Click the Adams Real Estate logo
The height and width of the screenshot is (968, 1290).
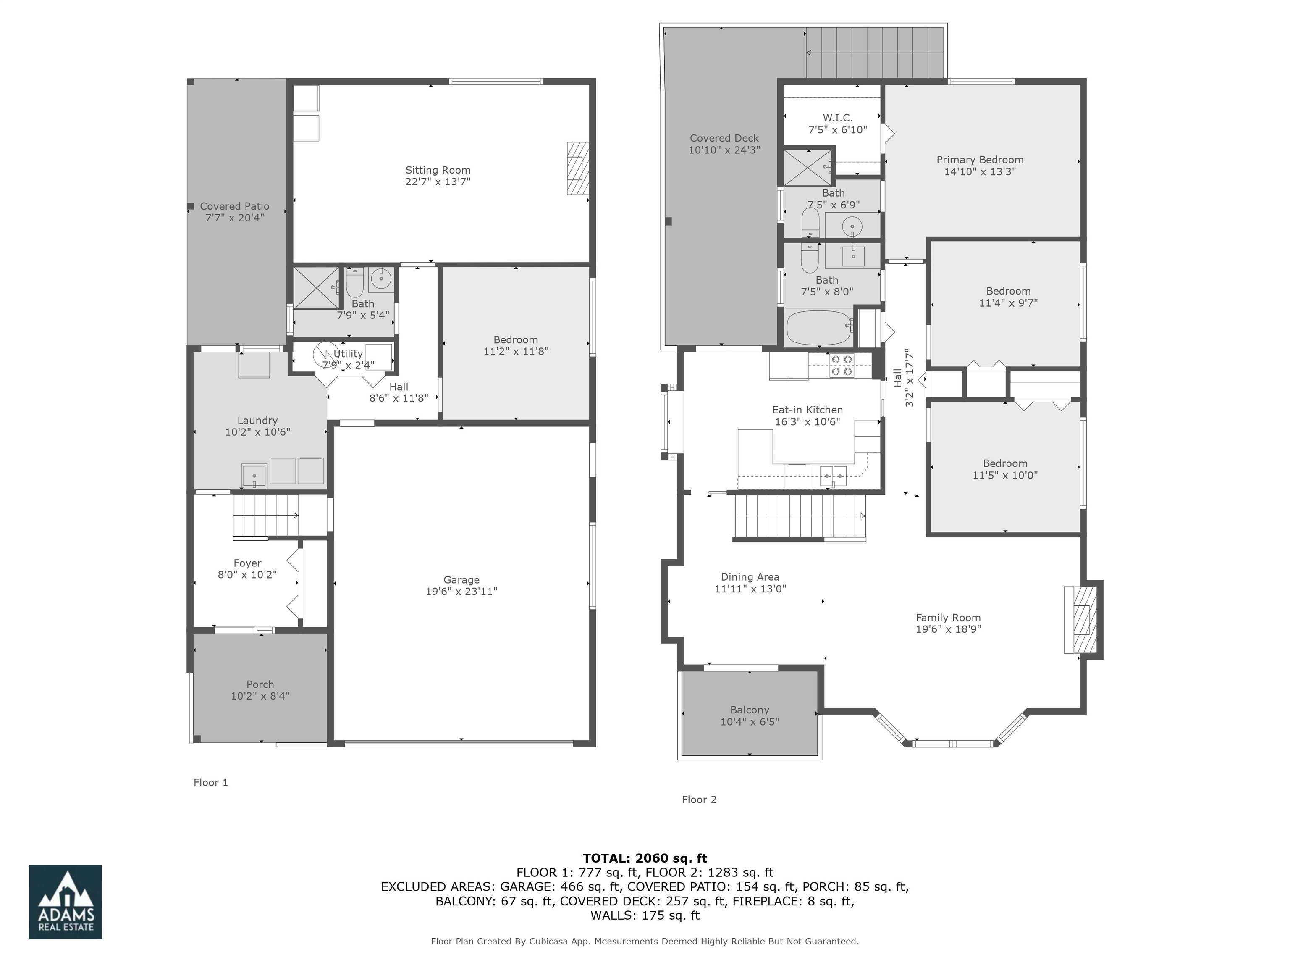(66, 902)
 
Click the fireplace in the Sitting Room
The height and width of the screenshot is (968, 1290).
(577, 168)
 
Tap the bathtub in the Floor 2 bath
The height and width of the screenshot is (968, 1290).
(818, 328)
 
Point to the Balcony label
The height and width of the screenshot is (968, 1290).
(750, 710)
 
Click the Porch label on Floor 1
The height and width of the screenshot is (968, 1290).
(260, 684)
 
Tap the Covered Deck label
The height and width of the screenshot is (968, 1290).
(724, 138)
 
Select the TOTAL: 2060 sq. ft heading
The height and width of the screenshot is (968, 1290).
(645, 858)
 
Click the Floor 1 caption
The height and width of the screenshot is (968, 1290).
(210, 782)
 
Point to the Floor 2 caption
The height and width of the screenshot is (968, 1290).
(699, 800)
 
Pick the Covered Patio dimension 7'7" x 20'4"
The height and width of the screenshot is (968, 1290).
(234, 218)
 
